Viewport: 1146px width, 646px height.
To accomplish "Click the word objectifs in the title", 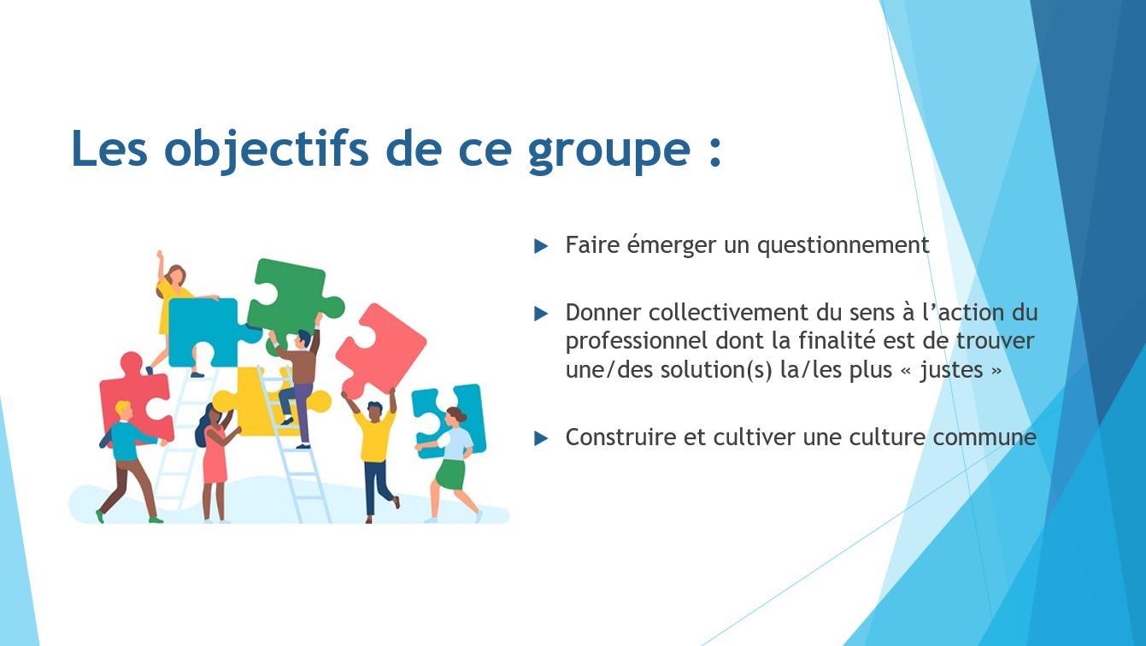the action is [266, 149].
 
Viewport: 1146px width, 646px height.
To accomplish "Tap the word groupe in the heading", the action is [609, 152].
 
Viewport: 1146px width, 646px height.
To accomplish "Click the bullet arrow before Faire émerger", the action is [541, 246].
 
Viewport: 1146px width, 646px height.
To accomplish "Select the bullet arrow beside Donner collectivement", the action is [541, 314].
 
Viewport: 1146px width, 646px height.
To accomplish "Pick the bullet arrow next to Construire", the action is [541, 438].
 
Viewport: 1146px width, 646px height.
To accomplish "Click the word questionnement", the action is [843, 246].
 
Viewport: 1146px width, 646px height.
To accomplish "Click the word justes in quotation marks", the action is [952, 371].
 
